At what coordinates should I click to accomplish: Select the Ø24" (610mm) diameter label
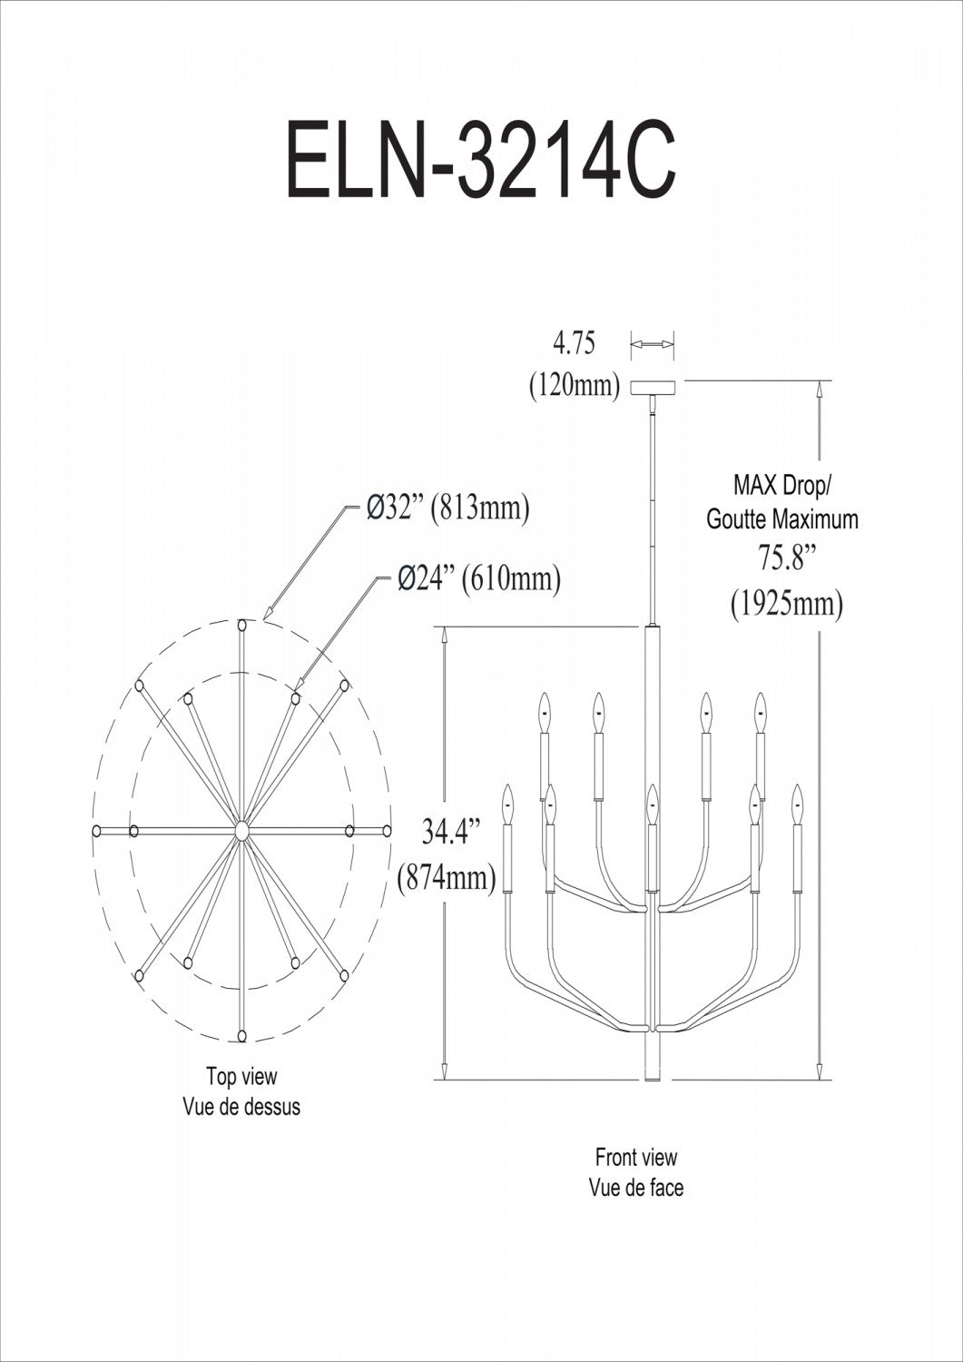point(478,578)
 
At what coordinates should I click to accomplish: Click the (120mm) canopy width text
point(575,385)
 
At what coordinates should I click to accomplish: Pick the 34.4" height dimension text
point(447,833)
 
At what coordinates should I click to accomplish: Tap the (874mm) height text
point(447,877)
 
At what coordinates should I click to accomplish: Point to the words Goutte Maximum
point(782,520)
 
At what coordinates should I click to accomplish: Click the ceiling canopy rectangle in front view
point(653,388)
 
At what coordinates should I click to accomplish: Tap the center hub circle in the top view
point(241,831)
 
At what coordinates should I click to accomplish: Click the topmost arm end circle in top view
point(242,625)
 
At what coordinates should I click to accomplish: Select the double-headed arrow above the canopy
point(653,344)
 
